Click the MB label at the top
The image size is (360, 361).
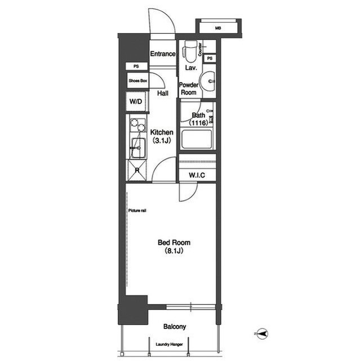click(x=218, y=28)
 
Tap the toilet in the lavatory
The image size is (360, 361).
click(x=190, y=51)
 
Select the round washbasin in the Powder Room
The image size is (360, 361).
click(x=207, y=81)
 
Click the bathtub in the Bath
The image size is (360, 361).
click(x=197, y=139)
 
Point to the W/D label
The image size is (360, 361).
click(x=136, y=102)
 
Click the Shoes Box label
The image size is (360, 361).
click(x=138, y=81)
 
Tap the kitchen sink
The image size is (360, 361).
click(x=139, y=148)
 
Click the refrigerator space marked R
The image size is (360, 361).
click(x=137, y=170)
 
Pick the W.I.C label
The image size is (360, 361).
click(x=197, y=175)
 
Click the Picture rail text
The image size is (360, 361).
click(x=137, y=210)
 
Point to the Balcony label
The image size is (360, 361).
click(x=175, y=327)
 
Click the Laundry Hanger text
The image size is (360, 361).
click(x=169, y=345)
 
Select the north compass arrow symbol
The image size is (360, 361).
click(x=262, y=333)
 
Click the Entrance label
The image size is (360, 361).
click(x=163, y=54)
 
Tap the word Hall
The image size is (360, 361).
click(x=163, y=93)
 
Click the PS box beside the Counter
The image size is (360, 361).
click(x=210, y=59)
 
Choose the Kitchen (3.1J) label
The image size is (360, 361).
click(x=162, y=137)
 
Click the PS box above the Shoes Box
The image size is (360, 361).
click(x=136, y=67)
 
